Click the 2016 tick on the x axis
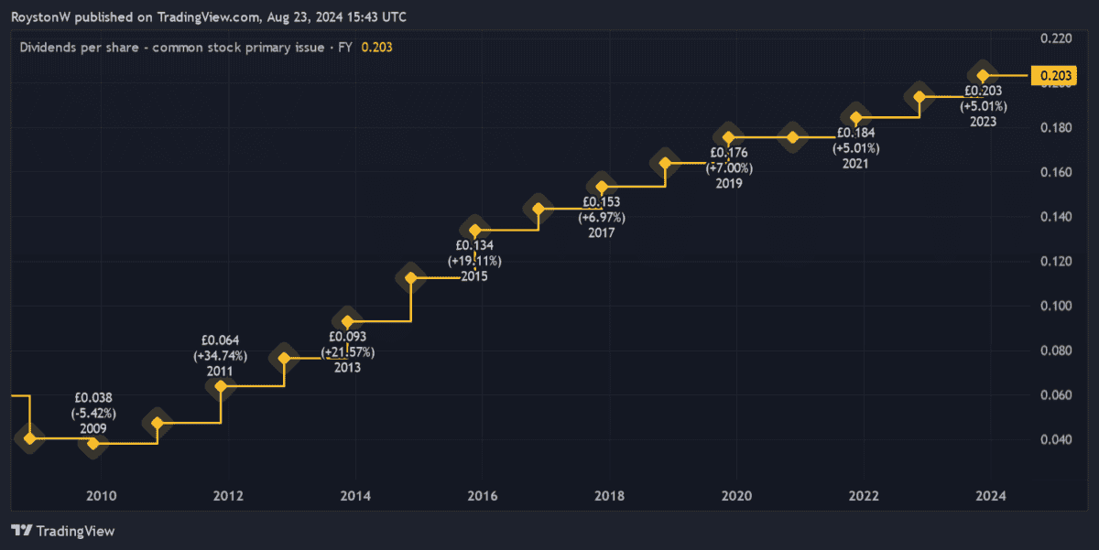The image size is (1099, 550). point(482,496)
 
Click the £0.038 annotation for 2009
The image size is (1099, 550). point(93,398)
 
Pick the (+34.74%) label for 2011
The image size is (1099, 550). point(220,356)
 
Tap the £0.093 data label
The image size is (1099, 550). point(347,337)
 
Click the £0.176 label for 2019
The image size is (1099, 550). point(730,153)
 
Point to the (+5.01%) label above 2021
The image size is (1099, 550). point(856,147)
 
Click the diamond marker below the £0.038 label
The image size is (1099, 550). point(92,443)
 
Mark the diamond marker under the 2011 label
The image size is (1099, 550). point(221,386)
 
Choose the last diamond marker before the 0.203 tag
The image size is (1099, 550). point(983,76)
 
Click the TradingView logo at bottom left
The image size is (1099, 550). point(63,531)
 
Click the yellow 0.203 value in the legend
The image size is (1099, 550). point(377,48)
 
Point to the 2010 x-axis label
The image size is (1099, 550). point(101,496)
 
